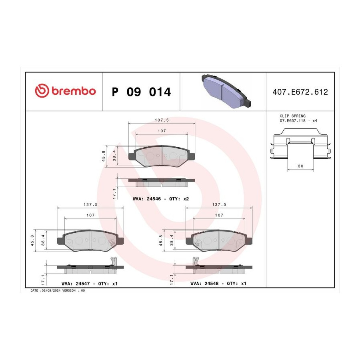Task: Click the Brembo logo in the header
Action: pyautogui.click(x=65, y=90)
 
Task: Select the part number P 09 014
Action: pyautogui.click(x=141, y=92)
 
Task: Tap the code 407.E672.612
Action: pyautogui.click(x=300, y=92)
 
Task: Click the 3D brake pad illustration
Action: pyautogui.click(x=226, y=91)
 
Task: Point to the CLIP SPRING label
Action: pyautogui.click(x=292, y=116)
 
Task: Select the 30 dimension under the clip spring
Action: pyautogui.click(x=300, y=166)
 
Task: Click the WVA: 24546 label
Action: pyautogui.click(x=147, y=199)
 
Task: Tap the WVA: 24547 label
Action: pyautogui.click(x=76, y=284)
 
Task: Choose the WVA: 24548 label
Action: pyautogui.click(x=204, y=284)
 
